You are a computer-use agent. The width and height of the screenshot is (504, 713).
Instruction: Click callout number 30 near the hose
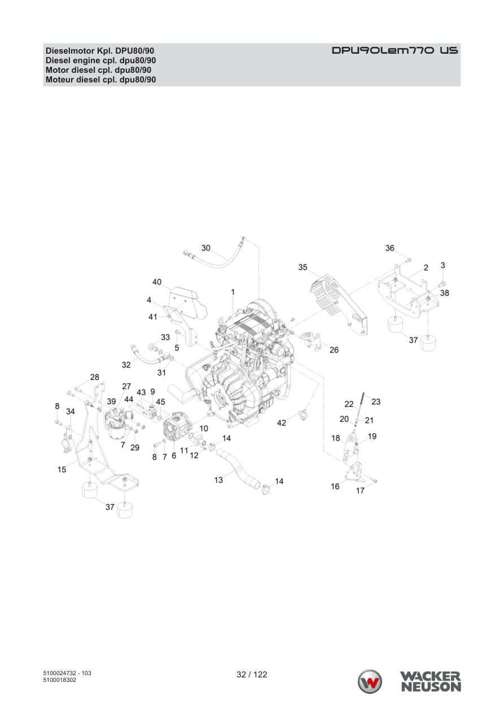point(206,248)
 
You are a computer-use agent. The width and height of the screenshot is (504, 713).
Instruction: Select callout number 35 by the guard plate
point(303,268)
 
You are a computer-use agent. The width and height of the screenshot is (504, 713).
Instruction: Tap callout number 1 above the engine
point(233,292)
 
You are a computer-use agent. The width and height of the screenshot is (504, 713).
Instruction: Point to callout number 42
point(282,423)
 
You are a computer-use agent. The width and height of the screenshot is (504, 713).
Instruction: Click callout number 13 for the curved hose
point(218,480)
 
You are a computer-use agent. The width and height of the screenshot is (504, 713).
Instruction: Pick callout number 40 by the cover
point(157,282)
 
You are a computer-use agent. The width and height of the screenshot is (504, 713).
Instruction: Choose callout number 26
point(334,350)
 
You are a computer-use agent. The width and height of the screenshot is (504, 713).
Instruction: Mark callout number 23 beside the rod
point(376,402)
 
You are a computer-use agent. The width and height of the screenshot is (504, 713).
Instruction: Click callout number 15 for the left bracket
point(62,470)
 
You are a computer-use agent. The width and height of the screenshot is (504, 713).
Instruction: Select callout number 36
point(390,248)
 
